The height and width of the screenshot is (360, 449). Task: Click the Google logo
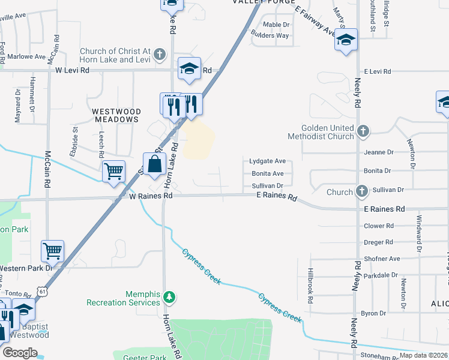(20, 353)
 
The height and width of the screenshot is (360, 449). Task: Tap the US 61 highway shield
(41, 291)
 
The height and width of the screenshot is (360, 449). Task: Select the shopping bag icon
(154, 163)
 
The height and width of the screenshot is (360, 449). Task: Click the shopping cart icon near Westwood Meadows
(113, 172)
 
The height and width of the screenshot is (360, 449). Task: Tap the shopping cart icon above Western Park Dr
(52, 250)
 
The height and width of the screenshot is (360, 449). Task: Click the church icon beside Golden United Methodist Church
(362, 131)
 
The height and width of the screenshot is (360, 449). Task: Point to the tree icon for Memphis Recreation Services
(170, 296)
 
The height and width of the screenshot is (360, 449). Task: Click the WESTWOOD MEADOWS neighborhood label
(116, 116)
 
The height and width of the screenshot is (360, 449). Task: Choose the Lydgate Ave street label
(267, 161)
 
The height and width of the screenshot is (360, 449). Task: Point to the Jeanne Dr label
(378, 152)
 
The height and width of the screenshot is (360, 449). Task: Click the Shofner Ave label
(382, 259)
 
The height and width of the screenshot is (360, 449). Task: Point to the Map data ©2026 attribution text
(423, 355)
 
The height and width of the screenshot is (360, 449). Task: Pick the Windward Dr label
(419, 233)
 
